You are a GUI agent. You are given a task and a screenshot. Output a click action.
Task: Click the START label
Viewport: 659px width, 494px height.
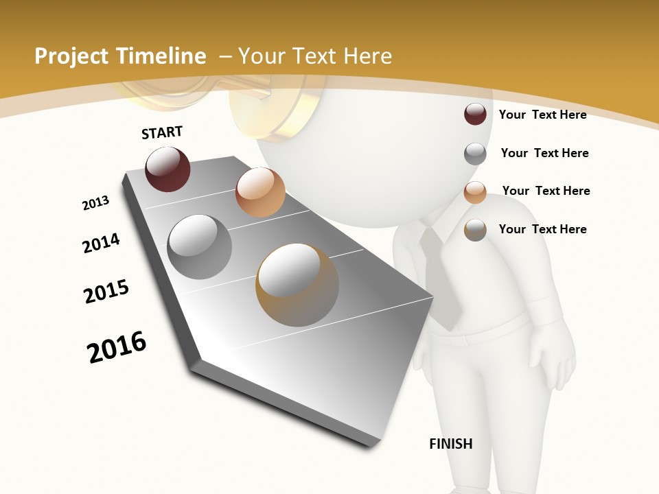pos(162,132)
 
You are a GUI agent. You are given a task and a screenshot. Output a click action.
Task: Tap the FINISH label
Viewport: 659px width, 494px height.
pos(450,444)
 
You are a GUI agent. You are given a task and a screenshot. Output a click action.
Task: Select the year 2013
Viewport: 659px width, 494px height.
pos(95,203)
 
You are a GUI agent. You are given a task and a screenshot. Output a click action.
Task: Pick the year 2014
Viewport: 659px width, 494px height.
pos(101,243)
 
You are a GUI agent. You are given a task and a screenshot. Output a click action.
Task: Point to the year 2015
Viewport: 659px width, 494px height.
pos(106,291)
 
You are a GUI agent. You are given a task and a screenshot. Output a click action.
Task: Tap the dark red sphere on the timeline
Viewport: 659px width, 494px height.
pos(167,169)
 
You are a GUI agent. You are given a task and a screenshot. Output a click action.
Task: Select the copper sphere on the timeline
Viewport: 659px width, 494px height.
pos(260,192)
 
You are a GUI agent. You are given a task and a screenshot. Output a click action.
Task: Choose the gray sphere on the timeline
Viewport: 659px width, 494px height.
pos(199,247)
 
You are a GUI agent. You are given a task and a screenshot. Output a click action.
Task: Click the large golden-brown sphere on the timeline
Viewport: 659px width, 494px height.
pos(297,284)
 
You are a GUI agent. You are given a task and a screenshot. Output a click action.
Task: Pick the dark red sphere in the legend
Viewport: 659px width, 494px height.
pos(475,114)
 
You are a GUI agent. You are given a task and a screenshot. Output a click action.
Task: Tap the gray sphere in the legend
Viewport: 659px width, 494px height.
pos(475,154)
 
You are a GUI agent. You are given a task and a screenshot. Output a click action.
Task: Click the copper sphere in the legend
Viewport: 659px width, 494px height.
pos(475,192)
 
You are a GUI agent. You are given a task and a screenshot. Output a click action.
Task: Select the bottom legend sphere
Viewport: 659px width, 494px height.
pos(475,230)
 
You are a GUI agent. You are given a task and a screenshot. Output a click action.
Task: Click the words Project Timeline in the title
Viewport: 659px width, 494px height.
pos(120,56)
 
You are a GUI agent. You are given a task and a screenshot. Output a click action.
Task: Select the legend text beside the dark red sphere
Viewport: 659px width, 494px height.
pos(542,115)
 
